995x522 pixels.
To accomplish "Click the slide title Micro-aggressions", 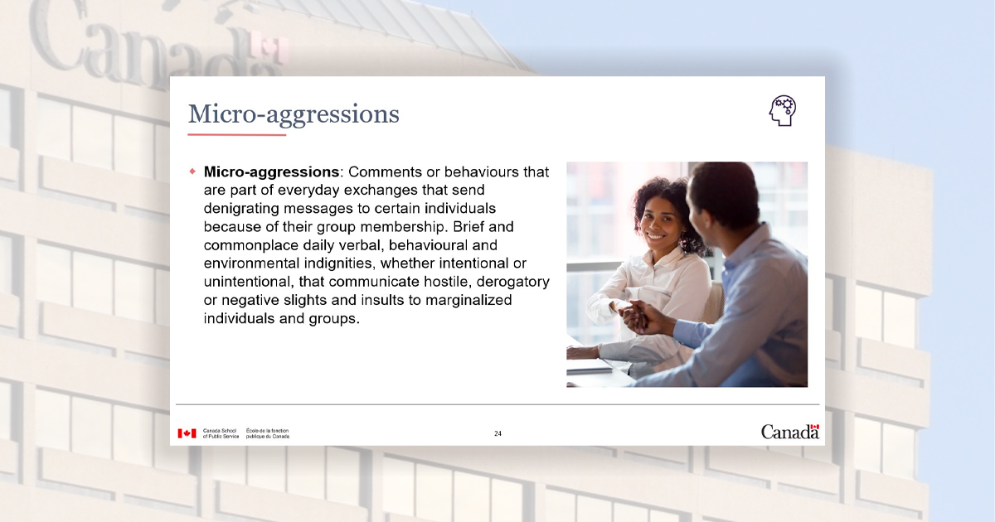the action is pos(294,114).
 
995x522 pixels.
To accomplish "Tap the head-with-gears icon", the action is pos(783,110).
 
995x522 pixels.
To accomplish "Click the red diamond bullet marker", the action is pos(192,172).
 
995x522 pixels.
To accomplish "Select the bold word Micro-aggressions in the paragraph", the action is pos(271,172).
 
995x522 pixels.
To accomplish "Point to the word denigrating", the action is pos(241,209).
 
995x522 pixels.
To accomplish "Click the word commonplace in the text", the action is pos(251,245).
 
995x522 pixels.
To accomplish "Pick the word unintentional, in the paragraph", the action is pos(249,282).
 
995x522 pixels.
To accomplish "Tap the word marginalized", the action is pos(468,301).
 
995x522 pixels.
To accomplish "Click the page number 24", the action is pos(498,433).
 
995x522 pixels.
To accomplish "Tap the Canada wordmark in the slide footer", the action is pos(789,432).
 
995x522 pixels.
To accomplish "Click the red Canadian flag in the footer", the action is pos(187,433).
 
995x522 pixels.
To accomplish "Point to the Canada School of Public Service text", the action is pos(221,433).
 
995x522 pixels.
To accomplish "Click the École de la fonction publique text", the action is pos(267,433).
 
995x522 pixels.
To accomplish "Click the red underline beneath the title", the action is pos(237,134).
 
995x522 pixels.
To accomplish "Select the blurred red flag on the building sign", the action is pos(269,47).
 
